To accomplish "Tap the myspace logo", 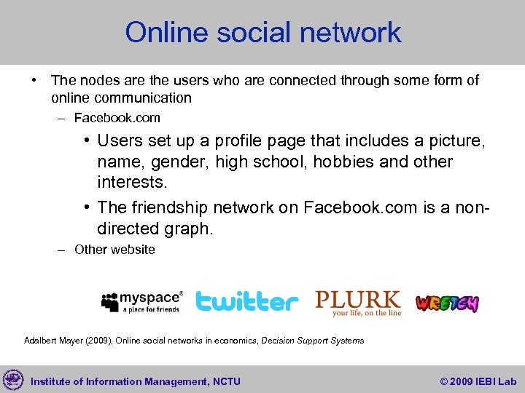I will [x=142, y=301].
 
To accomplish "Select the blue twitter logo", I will [x=247, y=301].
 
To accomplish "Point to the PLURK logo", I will [x=358, y=302].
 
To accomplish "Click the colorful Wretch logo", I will [x=447, y=303].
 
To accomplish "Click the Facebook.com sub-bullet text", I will [x=117, y=118].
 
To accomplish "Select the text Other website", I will [x=114, y=250].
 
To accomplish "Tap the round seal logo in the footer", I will [x=13, y=380].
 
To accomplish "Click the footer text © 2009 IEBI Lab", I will [x=478, y=381].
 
